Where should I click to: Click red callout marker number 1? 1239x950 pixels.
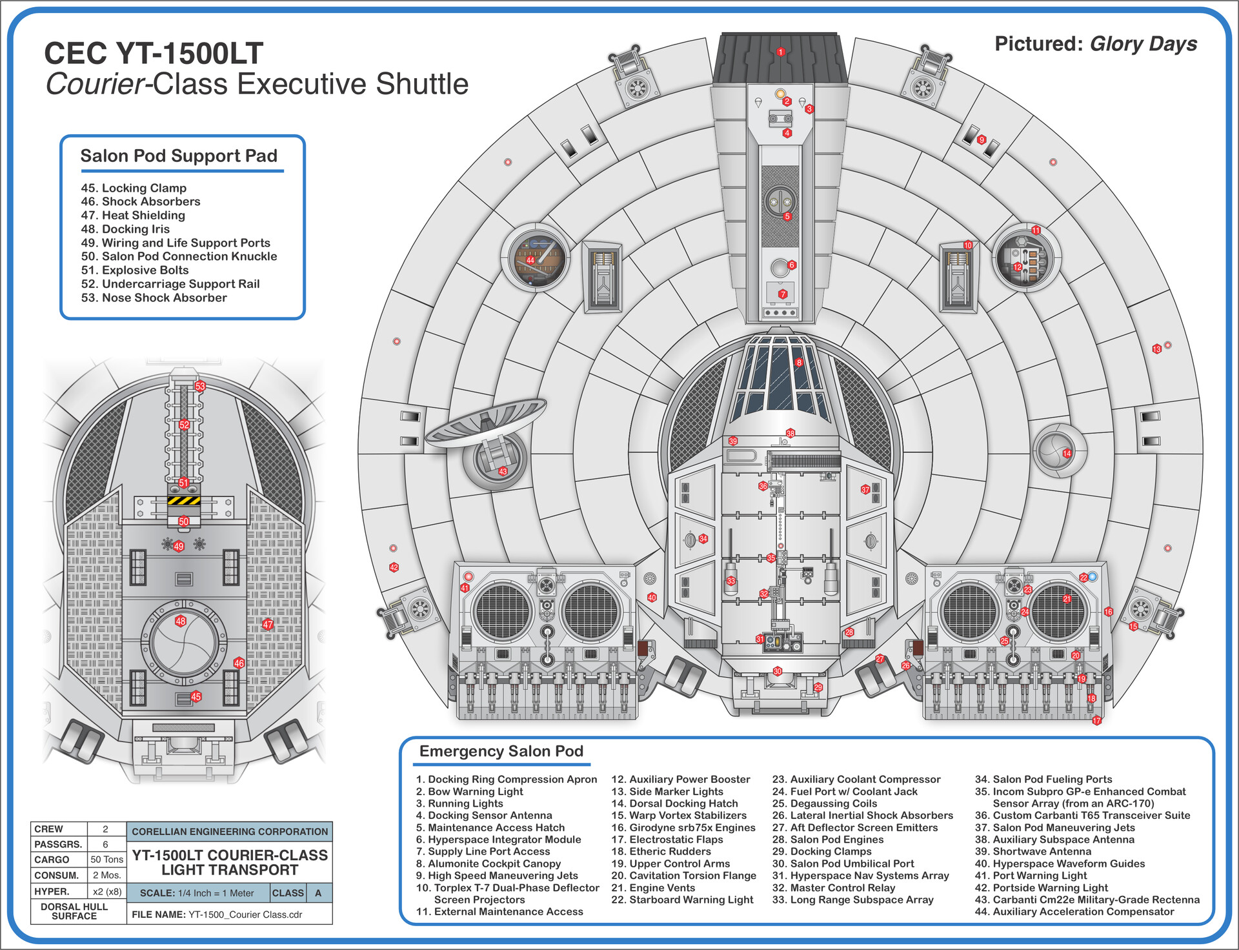tap(781, 52)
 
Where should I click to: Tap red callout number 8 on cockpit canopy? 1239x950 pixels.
tap(799, 363)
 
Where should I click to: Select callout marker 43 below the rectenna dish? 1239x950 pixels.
tap(503, 471)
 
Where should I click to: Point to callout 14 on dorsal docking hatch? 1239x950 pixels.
tap(1067, 453)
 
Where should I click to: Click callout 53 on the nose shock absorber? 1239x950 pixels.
tap(200, 386)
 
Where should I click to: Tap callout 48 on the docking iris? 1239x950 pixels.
tap(181, 621)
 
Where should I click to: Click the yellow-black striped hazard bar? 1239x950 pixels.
tap(184, 500)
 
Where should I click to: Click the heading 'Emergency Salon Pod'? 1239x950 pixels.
tap(501, 751)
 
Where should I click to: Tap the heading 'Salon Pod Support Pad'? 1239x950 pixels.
tap(179, 156)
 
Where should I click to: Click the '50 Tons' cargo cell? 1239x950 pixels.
tap(106, 860)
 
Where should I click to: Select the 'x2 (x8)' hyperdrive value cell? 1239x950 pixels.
tap(106, 891)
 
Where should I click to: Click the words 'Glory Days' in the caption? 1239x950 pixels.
tap(1143, 44)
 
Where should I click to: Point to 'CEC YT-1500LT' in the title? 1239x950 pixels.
tap(154, 53)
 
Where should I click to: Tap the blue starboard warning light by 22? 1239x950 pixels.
tap(1093, 576)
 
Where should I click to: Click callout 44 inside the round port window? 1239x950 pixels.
tap(530, 260)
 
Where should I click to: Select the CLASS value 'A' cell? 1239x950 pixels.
tap(318, 893)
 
